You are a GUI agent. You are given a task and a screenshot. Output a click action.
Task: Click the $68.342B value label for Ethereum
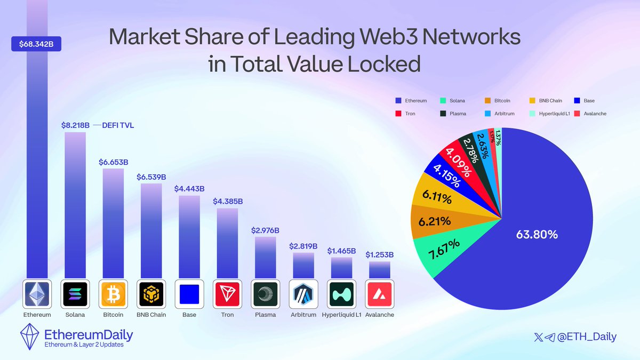click(x=37, y=44)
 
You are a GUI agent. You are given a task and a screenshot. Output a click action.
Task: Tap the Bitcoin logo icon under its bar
click(x=113, y=293)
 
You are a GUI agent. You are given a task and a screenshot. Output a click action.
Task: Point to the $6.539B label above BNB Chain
click(x=151, y=177)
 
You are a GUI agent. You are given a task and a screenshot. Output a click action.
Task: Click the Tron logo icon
click(x=227, y=293)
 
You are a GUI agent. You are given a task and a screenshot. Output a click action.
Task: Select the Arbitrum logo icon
click(x=303, y=293)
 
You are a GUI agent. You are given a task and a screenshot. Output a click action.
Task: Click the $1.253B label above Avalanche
click(x=379, y=254)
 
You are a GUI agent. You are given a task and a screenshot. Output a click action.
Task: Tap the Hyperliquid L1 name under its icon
click(x=341, y=315)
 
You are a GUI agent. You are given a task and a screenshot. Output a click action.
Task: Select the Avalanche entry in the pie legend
click(x=591, y=114)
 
